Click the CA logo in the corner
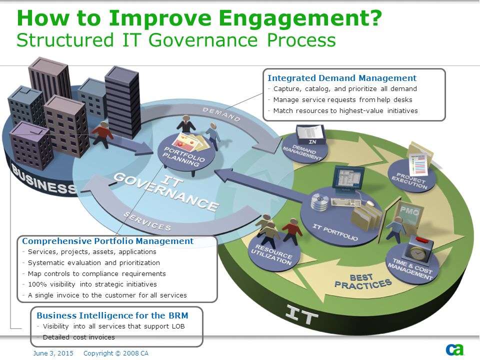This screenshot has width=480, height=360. (x=455, y=349)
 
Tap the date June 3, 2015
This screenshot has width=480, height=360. (x=53, y=353)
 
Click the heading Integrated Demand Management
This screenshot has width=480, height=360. (x=342, y=78)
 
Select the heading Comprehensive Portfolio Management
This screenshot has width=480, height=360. (x=108, y=241)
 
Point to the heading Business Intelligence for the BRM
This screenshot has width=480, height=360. (x=112, y=315)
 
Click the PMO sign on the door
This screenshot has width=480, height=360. (x=409, y=211)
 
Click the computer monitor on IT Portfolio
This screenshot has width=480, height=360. (x=348, y=179)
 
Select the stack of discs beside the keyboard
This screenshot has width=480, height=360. (x=320, y=202)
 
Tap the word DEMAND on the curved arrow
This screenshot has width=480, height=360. (x=221, y=114)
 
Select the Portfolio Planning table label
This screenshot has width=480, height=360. (x=184, y=156)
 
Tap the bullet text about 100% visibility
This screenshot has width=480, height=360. (x=92, y=284)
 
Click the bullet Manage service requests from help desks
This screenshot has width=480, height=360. (x=342, y=100)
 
